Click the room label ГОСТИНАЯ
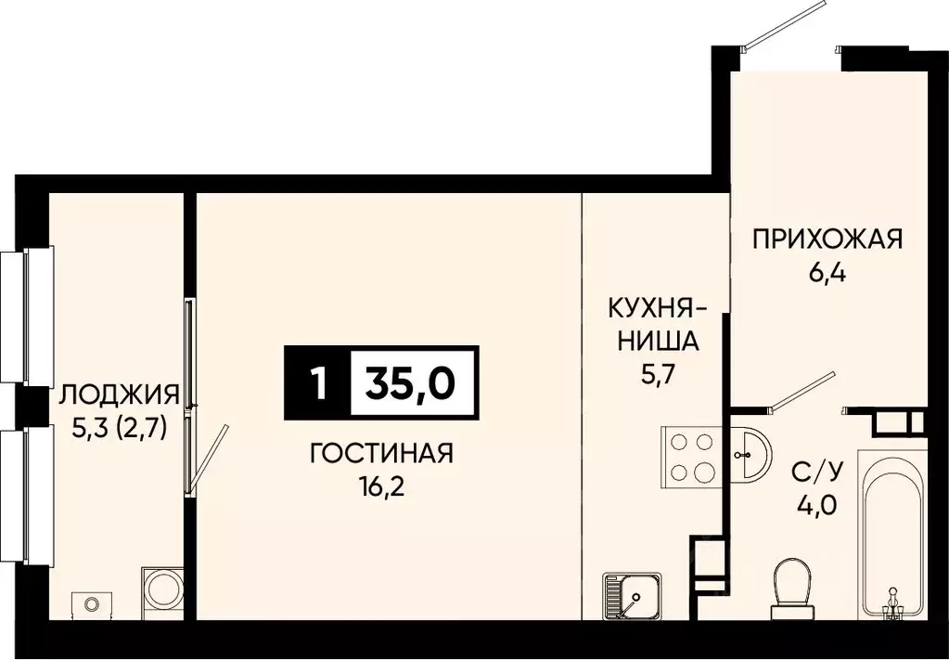tap(380, 454)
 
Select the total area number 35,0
tap(415, 382)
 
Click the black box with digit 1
tap(317, 382)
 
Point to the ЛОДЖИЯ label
tap(118, 396)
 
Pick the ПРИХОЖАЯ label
tap(827, 240)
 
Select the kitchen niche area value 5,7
tap(653, 372)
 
